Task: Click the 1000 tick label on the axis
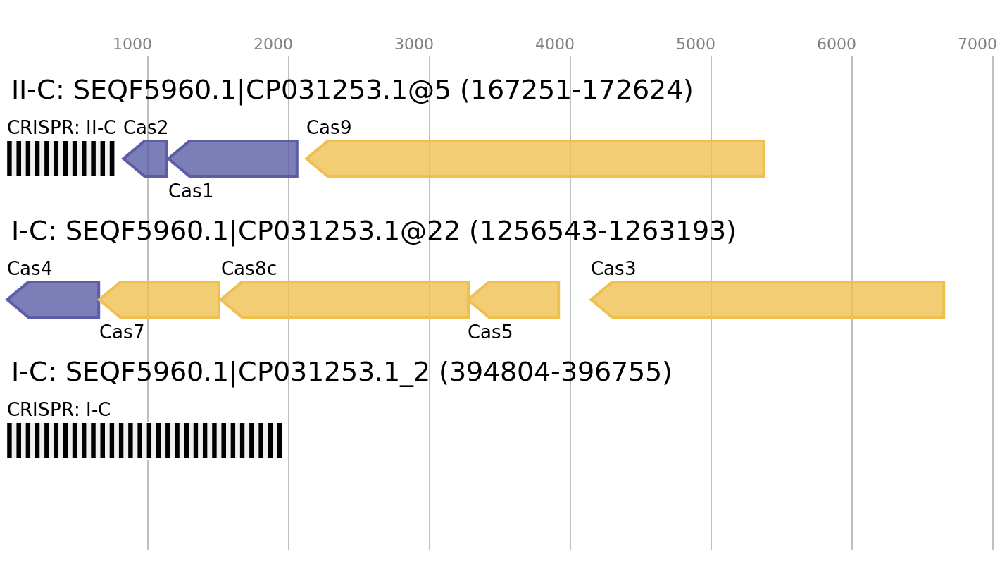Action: click(x=132, y=44)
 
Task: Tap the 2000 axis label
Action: click(x=273, y=44)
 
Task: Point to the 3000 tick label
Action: click(x=413, y=44)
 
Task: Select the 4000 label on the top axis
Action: click(x=554, y=44)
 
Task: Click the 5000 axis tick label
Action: click(x=695, y=44)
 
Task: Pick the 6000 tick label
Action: click(x=836, y=44)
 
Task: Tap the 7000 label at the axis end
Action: click(x=977, y=44)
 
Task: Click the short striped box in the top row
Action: click(x=61, y=159)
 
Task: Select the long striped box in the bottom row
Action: click(x=144, y=441)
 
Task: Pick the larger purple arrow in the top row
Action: click(x=236, y=159)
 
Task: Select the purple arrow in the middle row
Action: click(x=56, y=300)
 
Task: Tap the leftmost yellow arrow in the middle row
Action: click(x=162, y=300)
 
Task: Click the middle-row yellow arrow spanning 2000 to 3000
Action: click(x=349, y=300)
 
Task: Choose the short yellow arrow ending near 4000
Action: click(x=518, y=300)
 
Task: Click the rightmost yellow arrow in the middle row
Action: click(x=771, y=300)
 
